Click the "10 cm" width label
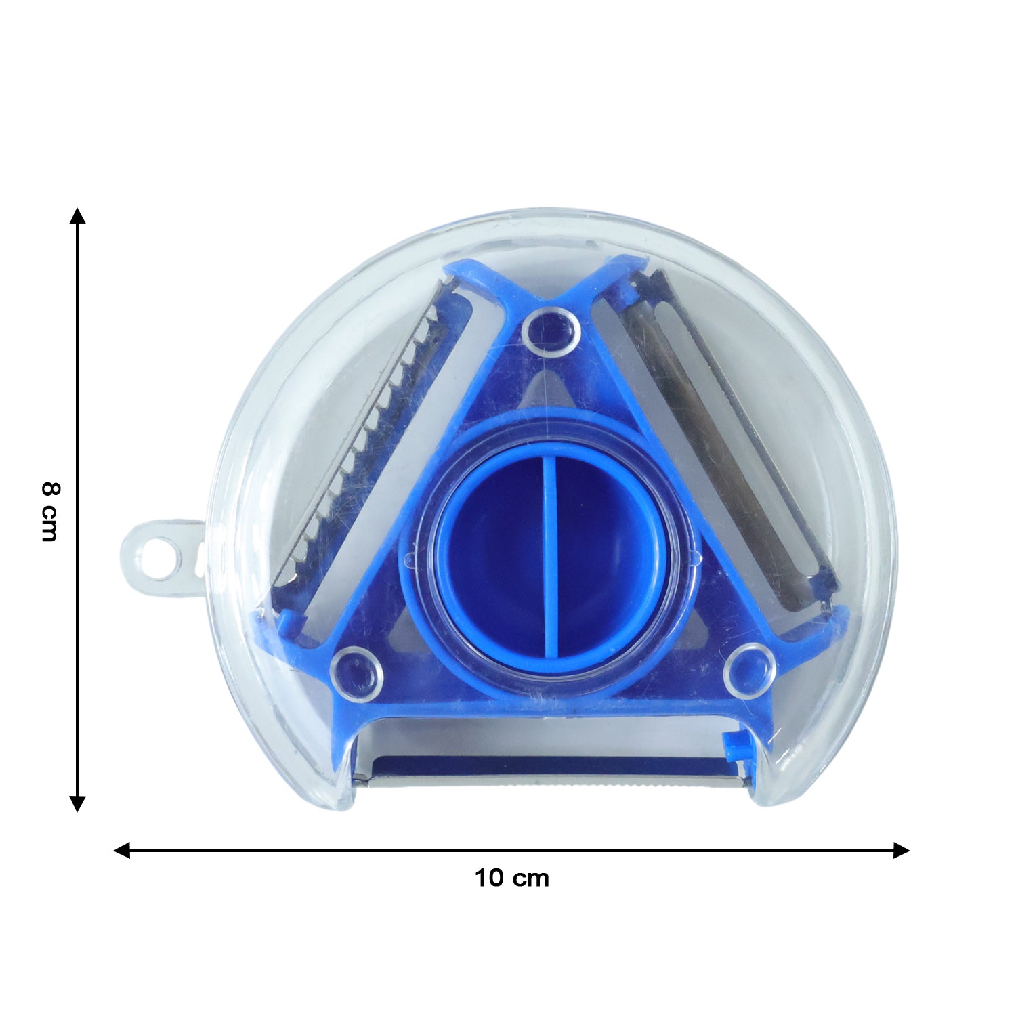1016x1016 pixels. (x=511, y=879)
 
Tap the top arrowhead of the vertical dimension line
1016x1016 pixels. (x=78, y=215)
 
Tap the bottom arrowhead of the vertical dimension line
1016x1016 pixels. (x=78, y=804)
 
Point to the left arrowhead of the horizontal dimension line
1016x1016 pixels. (x=122, y=851)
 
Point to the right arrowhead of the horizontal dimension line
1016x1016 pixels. (x=901, y=851)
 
